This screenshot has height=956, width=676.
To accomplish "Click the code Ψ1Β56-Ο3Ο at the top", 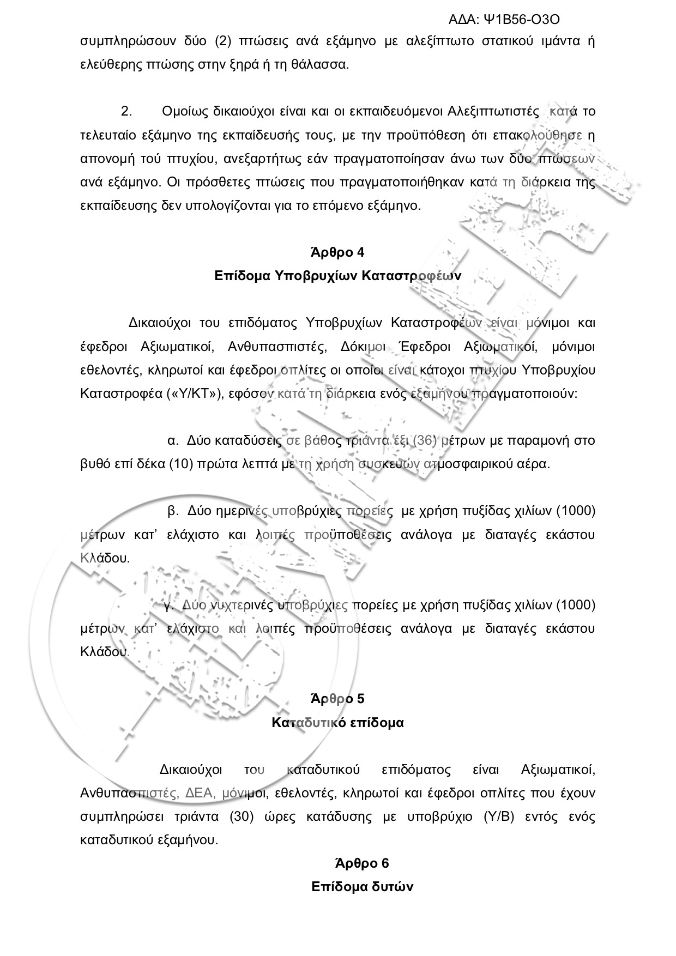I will tap(521, 20).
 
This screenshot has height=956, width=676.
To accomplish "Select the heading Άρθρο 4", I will tap(337, 252).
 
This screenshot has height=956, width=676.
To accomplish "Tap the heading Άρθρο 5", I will tap(337, 699).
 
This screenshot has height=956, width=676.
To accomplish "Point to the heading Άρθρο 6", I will tap(362, 863).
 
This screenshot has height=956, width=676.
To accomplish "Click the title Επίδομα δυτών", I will tap(362, 887).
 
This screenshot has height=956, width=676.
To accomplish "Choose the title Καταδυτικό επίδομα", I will tap(337, 723).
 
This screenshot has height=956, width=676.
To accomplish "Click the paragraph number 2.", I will tap(126, 112).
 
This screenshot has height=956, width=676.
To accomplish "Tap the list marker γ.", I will tap(168, 605).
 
